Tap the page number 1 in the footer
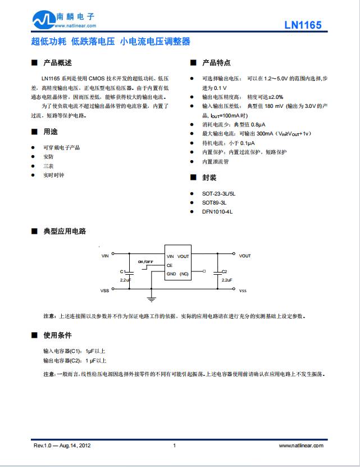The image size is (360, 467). point(175,446)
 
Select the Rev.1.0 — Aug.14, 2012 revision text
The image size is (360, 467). point(62,446)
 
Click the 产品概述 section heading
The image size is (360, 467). point(57,63)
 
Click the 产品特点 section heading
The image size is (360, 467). point(216,63)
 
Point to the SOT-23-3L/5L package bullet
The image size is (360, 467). point(218,193)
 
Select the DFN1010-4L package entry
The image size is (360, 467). point(217,211)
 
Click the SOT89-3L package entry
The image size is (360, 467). point(214,202)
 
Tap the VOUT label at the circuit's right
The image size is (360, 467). point(245,256)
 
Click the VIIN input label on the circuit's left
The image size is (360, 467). point(105,256)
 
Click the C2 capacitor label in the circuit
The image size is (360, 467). point(225,271)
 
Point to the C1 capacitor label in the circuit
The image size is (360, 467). point(123,271)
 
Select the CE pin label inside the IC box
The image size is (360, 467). point(170,265)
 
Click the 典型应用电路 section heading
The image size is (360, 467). point(65,231)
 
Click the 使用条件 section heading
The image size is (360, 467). point(57,335)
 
